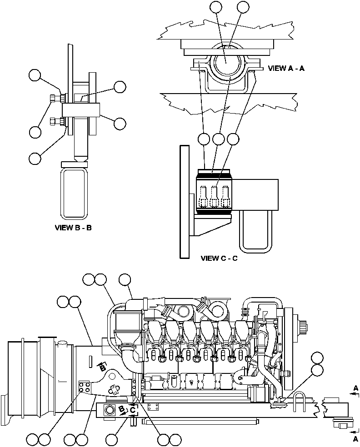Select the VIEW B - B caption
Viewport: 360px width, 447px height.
[x=73, y=227]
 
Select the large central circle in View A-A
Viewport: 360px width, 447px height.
[x=227, y=62]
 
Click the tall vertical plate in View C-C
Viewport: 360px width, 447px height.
[x=185, y=200]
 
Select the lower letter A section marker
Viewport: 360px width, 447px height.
[x=355, y=439]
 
